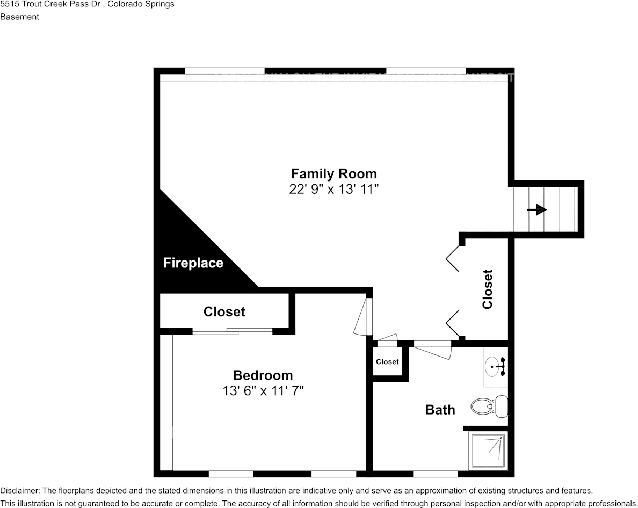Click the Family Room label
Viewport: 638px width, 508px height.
point(334,174)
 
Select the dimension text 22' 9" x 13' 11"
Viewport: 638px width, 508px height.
point(334,190)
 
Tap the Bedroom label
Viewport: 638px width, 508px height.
point(263,375)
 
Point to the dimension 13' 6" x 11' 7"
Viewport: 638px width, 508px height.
point(263,391)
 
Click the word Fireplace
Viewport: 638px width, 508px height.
point(193,263)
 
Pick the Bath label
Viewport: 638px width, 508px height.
point(440,410)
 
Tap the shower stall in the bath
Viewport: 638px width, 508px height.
point(487,451)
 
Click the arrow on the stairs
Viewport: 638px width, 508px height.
point(537,209)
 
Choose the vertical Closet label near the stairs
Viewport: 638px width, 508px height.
point(487,289)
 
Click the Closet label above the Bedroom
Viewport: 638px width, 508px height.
point(224,311)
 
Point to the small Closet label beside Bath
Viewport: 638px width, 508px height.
point(387,362)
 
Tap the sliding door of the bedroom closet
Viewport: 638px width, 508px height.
point(232,331)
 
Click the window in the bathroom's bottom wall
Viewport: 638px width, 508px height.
point(435,474)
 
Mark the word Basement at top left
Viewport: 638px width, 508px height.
point(20,17)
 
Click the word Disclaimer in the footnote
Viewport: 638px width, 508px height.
point(19,491)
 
